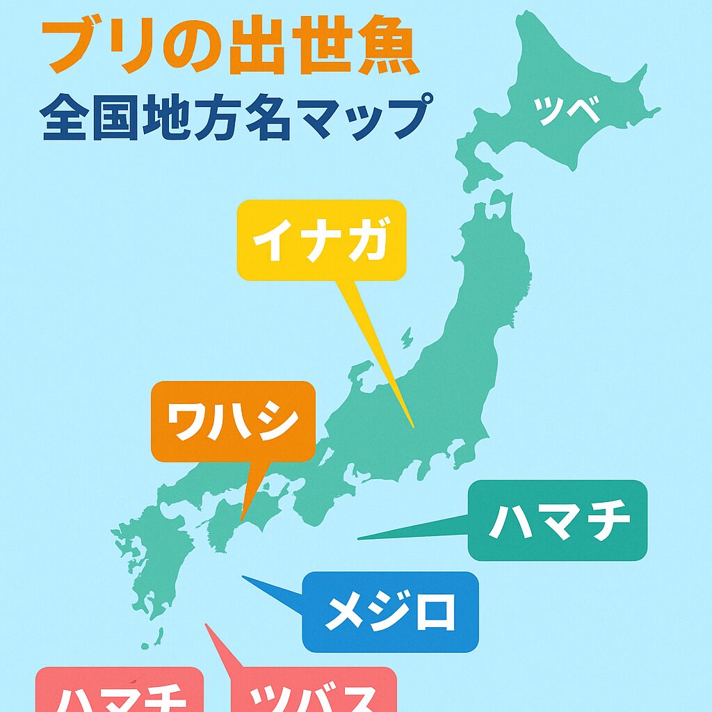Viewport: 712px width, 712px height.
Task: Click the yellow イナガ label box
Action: pyautogui.click(x=321, y=241)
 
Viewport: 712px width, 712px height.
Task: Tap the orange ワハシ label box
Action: pyautogui.click(x=233, y=421)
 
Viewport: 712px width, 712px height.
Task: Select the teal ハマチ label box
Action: pyautogui.click(x=558, y=520)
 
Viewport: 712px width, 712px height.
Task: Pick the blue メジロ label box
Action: pyautogui.click(x=391, y=612)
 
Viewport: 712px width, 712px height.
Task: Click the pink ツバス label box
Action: pyautogui.click(x=314, y=692)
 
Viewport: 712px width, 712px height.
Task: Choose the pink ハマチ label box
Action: pyautogui.click(x=119, y=692)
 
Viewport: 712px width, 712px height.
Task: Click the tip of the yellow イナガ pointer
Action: pyautogui.click(x=412, y=426)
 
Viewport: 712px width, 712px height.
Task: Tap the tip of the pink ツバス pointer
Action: pyautogui.click(x=207, y=625)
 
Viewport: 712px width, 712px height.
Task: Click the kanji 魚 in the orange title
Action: pyautogui.click(x=386, y=49)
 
